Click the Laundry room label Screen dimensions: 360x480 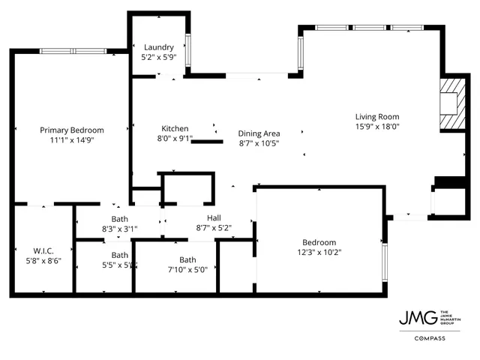pos(158,46)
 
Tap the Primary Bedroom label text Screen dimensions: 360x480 pos(71,130)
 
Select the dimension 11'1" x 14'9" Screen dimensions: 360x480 pos(71,139)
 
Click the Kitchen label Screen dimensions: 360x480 pos(175,128)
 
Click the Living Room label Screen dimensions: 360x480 pos(376,116)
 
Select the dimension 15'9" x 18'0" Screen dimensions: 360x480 pos(376,126)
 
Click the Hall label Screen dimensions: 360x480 pos(213,217)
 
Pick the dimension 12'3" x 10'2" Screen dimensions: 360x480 pos(319,252)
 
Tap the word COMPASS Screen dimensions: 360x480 pos(430,338)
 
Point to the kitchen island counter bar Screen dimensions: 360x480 pos(208,140)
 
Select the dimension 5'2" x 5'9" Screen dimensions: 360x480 pos(158,56)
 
